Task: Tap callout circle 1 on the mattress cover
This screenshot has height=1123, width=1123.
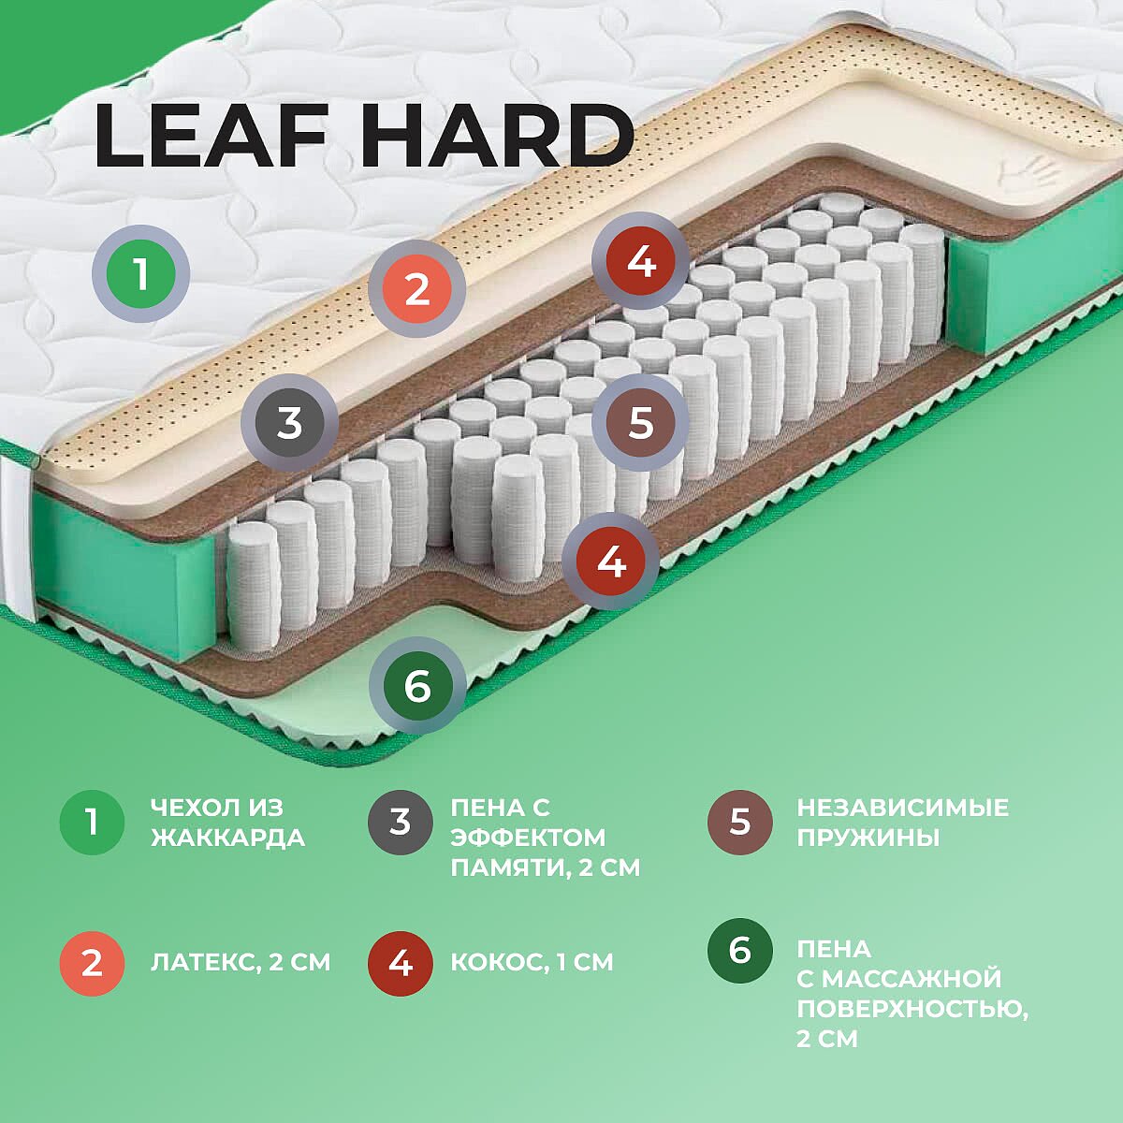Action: [x=140, y=273]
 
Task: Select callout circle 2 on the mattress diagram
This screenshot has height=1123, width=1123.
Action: [x=416, y=288]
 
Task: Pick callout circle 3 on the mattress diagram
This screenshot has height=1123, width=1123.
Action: [x=289, y=423]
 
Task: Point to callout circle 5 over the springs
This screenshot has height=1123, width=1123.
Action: [x=640, y=422]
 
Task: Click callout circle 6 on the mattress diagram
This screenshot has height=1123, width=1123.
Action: [x=417, y=685]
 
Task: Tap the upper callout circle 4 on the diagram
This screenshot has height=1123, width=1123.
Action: [x=641, y=260]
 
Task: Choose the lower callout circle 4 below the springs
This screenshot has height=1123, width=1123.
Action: [x=611, y=561]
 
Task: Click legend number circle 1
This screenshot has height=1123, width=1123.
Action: [x=92, y=823]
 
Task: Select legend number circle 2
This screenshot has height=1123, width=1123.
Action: [x=92, y=963]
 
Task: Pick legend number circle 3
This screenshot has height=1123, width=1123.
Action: [x=401, y=823]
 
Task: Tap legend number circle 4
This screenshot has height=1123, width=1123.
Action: [x=401, y=963]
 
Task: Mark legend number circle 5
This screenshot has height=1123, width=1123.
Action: [x=740, y=823]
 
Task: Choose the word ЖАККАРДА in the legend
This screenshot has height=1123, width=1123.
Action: [x=227, y=838]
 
